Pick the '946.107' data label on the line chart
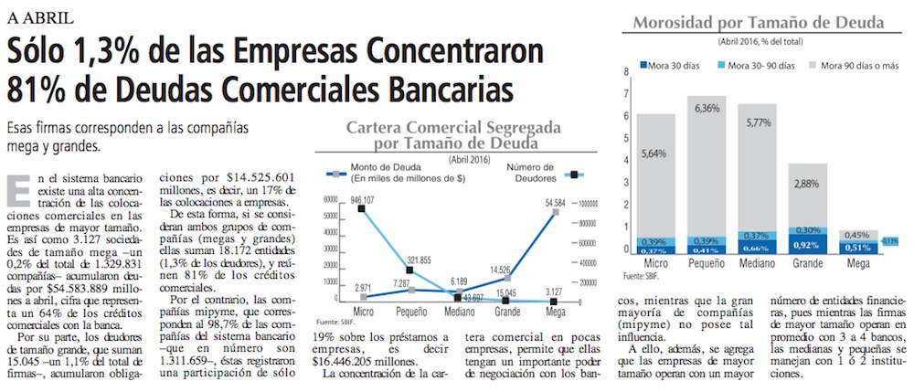coord(362,199)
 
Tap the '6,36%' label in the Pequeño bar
coord(706,109)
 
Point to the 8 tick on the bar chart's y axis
coord(625,69)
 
